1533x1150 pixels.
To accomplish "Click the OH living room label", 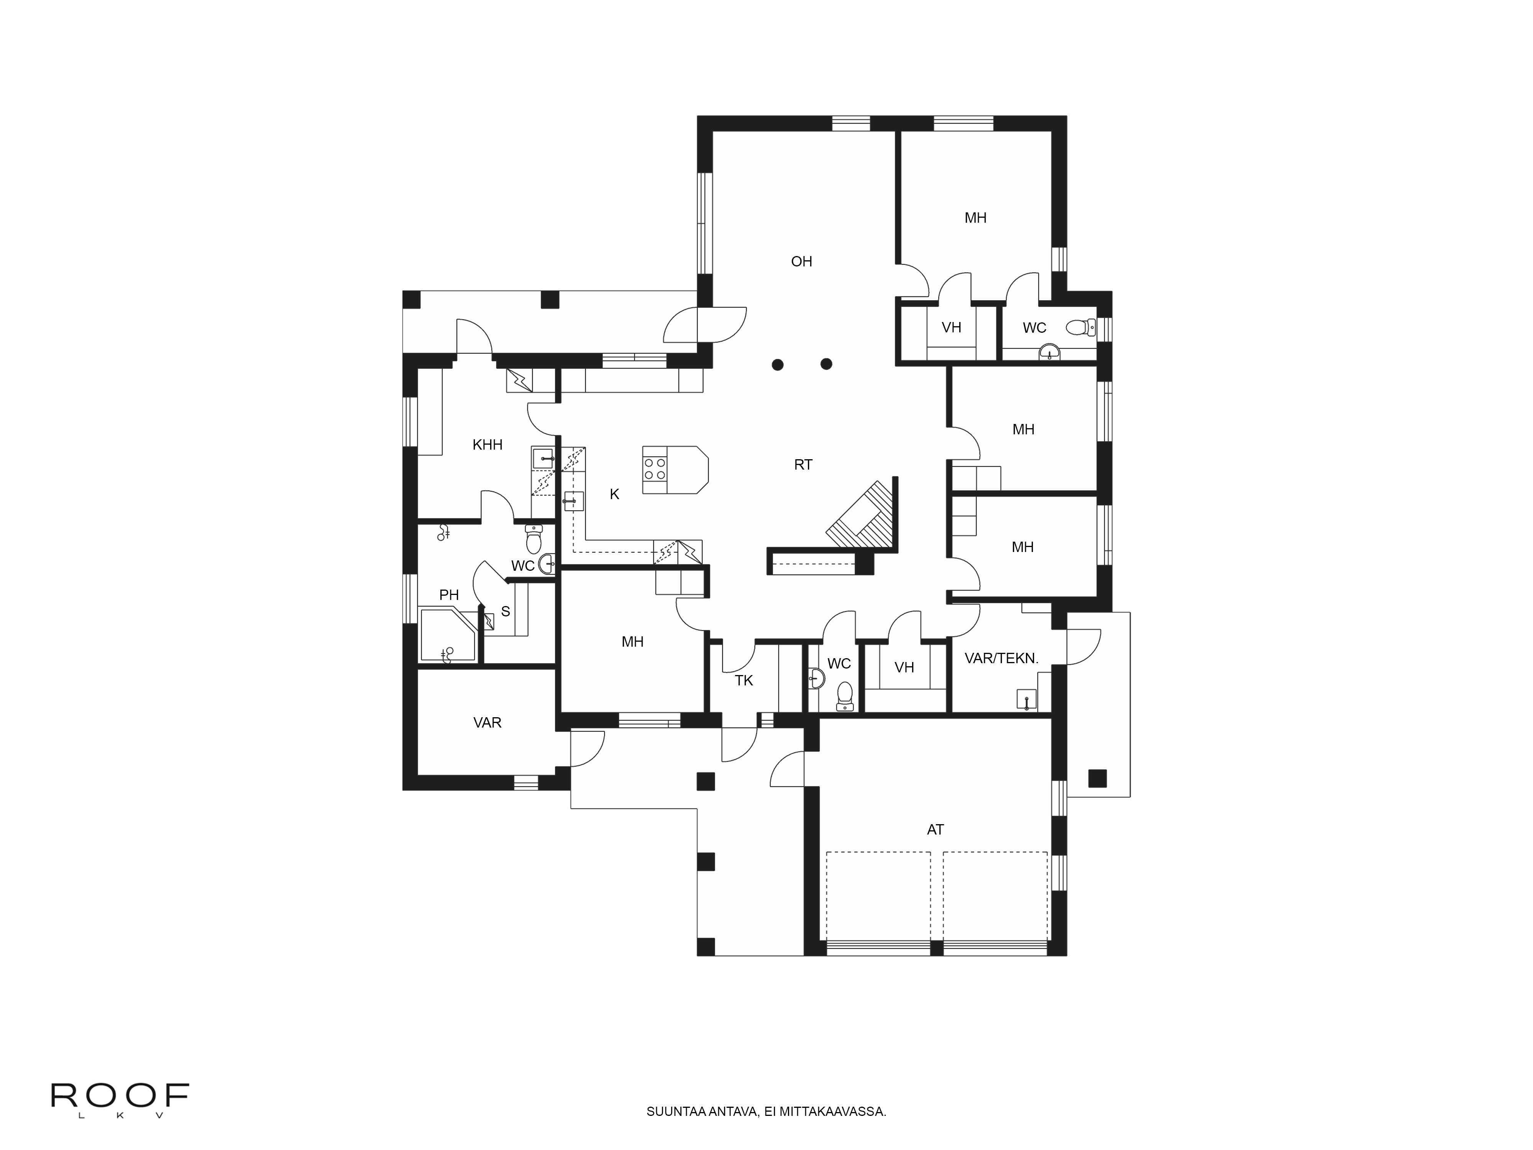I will click(x=801, y=261).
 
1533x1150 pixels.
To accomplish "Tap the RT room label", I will click(x=803, y=465).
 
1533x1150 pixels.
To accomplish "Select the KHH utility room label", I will click(x=487, y=444).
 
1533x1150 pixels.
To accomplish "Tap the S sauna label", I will click(x=505, y=611).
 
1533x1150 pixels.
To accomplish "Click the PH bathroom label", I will click(x=449, y=595).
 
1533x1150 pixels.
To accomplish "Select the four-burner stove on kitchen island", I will click(x=655, y=469).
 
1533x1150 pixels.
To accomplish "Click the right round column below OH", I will click(x=826, y=364).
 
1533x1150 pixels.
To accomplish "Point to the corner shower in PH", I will click(x=447, y=634).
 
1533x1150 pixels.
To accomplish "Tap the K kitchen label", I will click(x=614, y=494).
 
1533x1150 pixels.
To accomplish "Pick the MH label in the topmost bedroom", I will click(x=975, y=218).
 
